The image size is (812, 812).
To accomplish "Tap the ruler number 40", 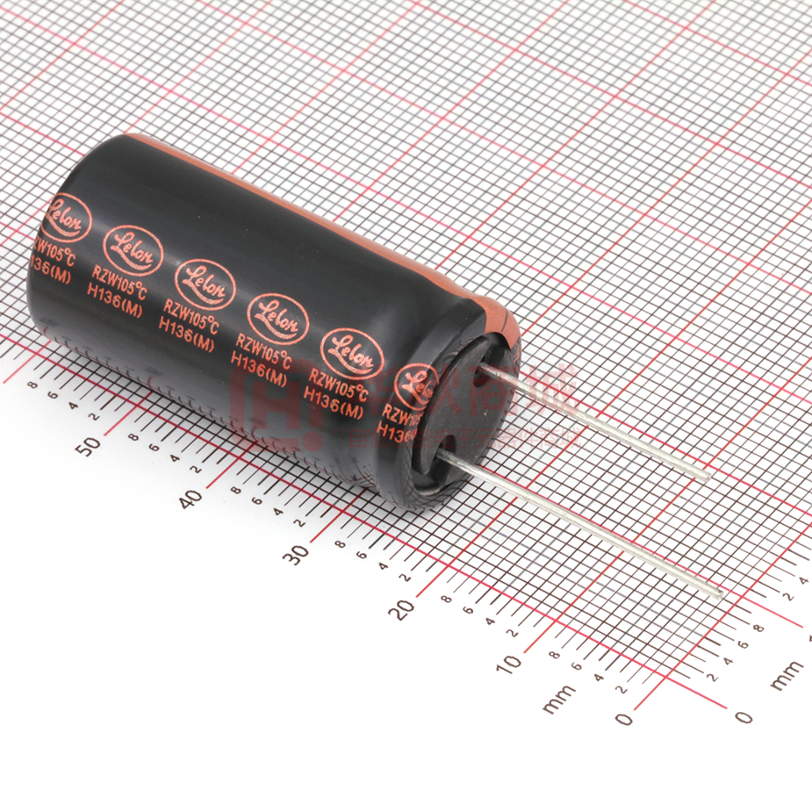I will coord(189,499).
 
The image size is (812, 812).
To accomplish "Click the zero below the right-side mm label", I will coord(744,717).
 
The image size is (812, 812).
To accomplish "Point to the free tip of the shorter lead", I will coord(708,478).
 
